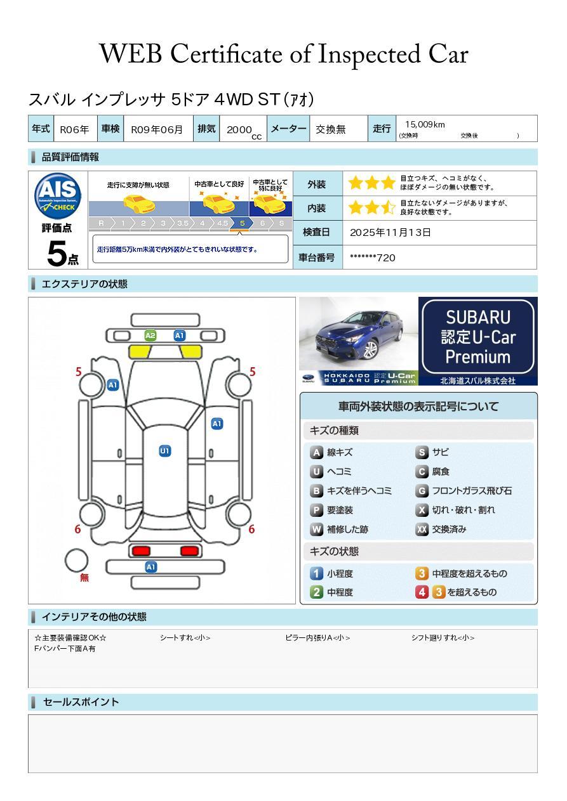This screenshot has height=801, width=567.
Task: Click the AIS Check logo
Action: point(58,196)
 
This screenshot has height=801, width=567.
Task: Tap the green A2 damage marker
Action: point(150,335)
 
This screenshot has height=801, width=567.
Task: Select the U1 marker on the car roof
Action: point(164,451)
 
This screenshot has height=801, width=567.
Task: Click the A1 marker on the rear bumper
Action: point(150,567)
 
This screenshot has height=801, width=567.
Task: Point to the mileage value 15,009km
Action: point(425,124)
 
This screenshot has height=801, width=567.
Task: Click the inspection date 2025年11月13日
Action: point(390,232)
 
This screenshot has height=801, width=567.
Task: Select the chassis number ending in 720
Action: point(373,258)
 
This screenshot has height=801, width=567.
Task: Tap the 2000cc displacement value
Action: point(244,131)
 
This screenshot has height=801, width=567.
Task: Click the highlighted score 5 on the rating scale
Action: point(243,223)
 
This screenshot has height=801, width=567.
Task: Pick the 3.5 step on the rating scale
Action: point(183,223)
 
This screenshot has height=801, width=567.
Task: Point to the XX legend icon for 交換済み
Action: point(422,529)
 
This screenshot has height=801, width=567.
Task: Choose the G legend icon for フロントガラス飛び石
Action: point(422,491)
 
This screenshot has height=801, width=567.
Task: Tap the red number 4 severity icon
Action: point(422,592)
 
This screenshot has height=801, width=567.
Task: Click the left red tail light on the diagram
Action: point(141,550)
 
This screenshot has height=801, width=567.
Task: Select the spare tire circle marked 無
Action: point(76,560)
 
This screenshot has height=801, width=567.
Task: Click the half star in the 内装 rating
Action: point(388,207)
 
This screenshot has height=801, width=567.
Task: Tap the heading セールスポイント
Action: point(81,702)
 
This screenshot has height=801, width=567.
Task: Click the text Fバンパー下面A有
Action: point(65,648)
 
